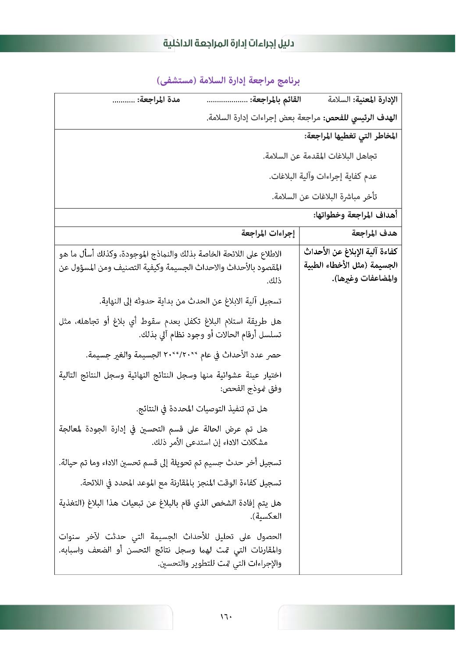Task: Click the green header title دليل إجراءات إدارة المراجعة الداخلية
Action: point(228,43)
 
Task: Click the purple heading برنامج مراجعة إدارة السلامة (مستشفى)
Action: point(228,81)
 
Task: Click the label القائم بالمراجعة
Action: point(276,100)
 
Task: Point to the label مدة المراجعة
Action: point(159,100)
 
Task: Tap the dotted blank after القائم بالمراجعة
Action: point(227,100)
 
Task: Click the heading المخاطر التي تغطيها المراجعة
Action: point(351,136)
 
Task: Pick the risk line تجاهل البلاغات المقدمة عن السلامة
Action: point(320,156)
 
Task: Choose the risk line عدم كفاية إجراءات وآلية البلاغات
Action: point(323,176)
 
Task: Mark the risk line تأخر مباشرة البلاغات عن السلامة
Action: point(324,196)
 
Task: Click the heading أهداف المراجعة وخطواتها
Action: point(355,215)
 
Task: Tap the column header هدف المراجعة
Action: point(374,233)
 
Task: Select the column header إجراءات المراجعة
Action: point(268,233)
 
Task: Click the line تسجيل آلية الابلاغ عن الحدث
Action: point(190,301)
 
